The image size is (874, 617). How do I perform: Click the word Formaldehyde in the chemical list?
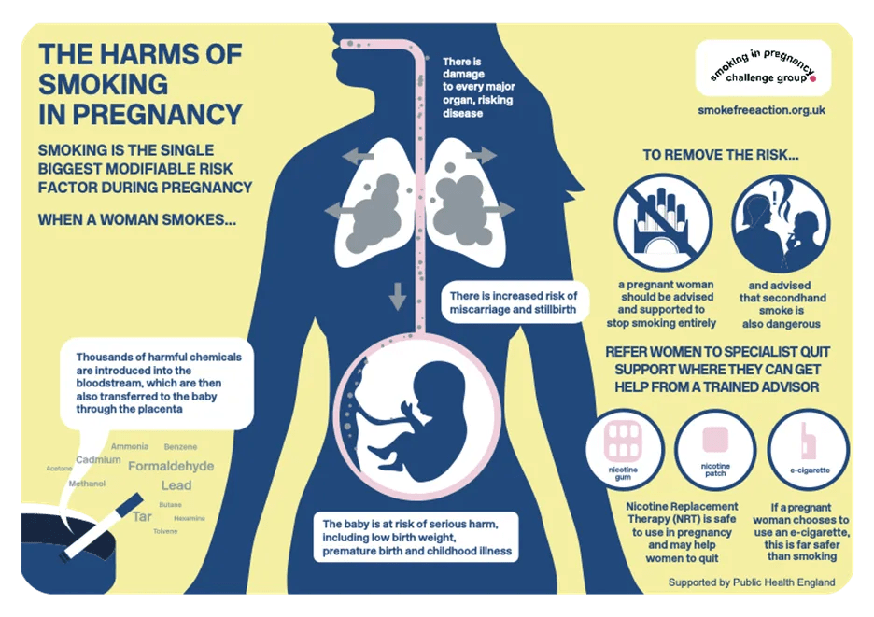[x=171, y=466]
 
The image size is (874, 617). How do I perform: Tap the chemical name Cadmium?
[x=98, y=460]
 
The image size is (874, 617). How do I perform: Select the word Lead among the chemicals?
[x=176, y=485]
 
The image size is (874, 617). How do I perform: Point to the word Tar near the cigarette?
[x=142, y=516]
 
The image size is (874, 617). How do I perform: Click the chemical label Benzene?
[x=180, y=447]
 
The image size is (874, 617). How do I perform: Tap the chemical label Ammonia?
[x=129, y=447]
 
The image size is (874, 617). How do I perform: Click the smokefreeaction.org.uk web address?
[x=761, y=110]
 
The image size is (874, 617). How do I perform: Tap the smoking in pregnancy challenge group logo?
[x=762, y=67]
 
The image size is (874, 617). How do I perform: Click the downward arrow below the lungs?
[x=398, y=298]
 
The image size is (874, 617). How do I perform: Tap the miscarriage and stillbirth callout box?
[x=515, y=301]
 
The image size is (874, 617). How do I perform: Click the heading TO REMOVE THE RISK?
[x=721, y=155]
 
